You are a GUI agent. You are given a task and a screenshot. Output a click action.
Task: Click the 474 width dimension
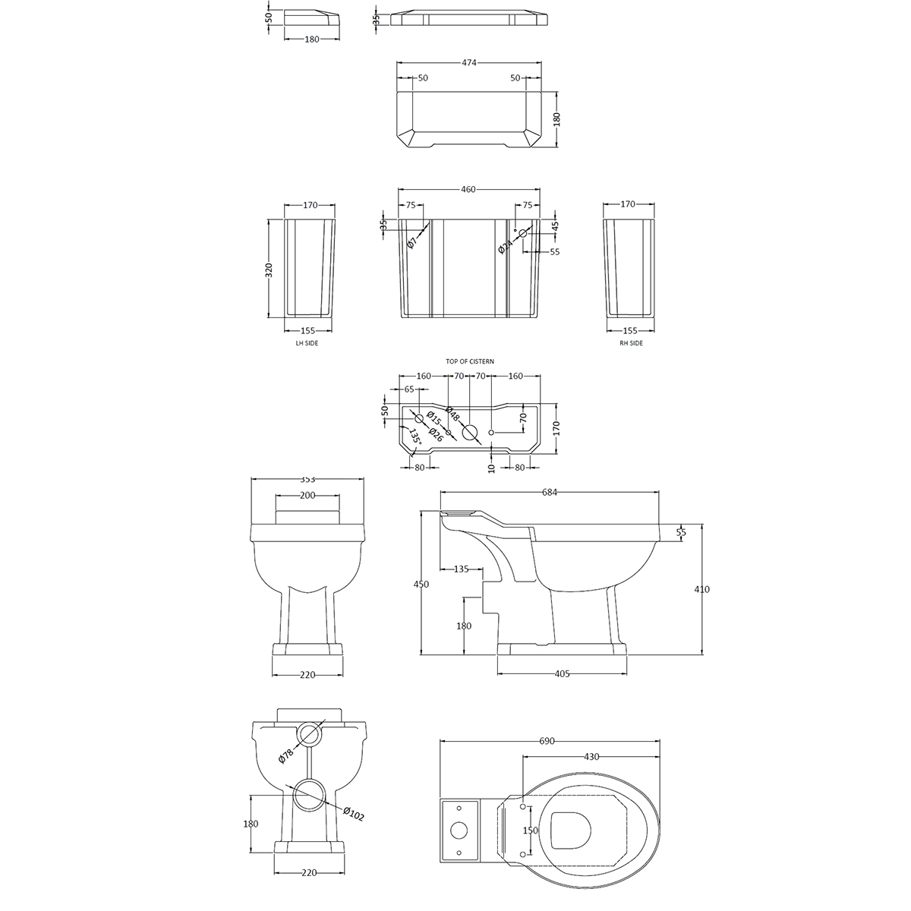pyautogui.click(x=468, y=63)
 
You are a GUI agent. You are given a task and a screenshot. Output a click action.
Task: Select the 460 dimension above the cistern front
pyautogui.click(x=468, y=189)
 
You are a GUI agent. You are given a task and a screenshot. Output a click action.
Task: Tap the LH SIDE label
pyautogui.click(x=307, y=343)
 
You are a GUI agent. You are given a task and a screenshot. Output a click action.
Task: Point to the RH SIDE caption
pyautogui.click(x=630, y=343)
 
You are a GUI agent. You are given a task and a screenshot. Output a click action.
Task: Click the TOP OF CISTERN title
pyautogui.click(x=470, y=362)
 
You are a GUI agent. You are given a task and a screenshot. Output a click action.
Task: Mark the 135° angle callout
pyautogui.click(x=415, y=438)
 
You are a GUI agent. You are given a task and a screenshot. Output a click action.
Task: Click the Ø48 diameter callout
pyautogui.click(x=452, y=414)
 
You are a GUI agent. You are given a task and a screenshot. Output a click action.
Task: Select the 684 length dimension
pyautogui.click(x=550, y=493)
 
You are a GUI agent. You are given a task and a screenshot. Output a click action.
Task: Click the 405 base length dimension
pyautogui.click(x=562, y=673)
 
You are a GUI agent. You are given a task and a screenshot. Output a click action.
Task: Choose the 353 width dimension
pyautogui.click(x=307, y=479)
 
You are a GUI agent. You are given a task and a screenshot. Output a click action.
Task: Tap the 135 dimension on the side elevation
pyautogui.click(x=461, y=569)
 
